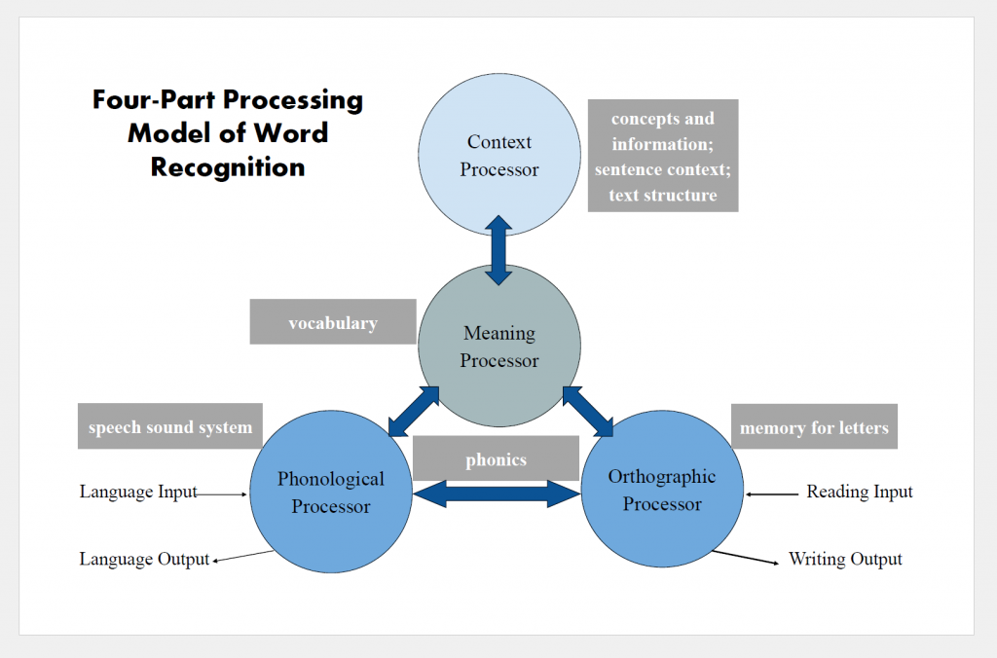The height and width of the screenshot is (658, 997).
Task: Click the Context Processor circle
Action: point(499,155)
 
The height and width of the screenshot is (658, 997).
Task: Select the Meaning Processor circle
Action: point(499,347)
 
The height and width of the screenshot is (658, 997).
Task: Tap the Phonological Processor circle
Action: point(331,492)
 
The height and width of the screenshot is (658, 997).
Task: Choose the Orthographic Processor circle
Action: point(662,490)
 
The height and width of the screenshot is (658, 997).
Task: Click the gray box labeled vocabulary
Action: point(333,322)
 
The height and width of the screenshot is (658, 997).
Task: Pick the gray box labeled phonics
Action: point(496,459)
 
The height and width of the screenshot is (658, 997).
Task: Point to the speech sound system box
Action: point(170,426)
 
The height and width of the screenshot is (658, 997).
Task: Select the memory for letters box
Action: point(814,427)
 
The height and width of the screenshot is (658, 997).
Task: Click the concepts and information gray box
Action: point(663,156)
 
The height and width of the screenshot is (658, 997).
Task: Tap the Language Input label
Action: point(138,493)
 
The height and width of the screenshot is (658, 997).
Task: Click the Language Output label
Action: point(144,559)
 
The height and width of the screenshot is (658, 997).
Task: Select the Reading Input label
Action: point(860,493)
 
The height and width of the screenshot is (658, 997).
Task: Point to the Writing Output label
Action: point(845,559)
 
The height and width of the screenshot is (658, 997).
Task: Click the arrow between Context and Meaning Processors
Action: point(498,250)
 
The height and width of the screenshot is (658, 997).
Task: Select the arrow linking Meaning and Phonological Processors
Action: point(413,411)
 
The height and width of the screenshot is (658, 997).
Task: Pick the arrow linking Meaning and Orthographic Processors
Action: point(587,411)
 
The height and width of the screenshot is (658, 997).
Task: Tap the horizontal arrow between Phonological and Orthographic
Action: point(497,493)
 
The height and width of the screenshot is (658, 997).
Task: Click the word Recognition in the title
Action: point(228,167)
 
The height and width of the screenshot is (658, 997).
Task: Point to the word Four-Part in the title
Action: point(156,100)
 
